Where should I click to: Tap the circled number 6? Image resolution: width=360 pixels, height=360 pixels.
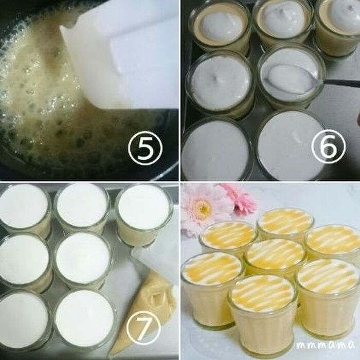click(x=328, y=146)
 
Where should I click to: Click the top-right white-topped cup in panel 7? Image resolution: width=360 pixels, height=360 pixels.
click(x=144, y=214)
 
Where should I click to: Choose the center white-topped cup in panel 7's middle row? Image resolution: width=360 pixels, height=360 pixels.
click(x=83, y=259)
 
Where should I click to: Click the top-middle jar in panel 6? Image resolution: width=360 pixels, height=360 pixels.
click(x=282, y=25)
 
